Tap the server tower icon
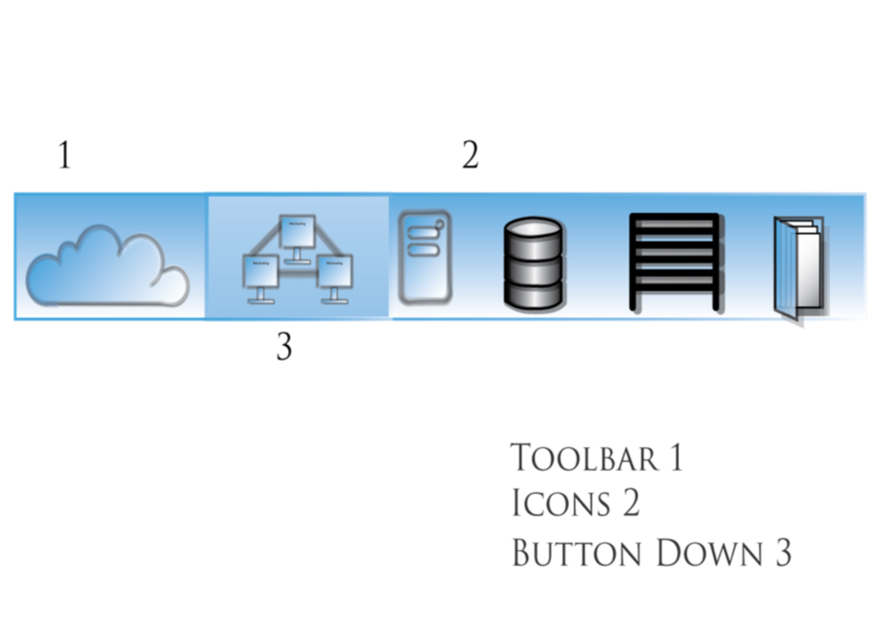click(x=424, y=258)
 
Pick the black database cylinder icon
click(x=533, y=263)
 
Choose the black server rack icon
click(x=674, y=261)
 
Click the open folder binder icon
click(x=800, y=266)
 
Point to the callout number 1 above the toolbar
click(x=64, y=156)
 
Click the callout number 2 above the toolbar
click(x=470, y=156)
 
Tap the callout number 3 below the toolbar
click(x=284, y=348)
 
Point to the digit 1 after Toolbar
click(x=676, y=458)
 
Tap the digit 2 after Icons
click(x=630, y=503)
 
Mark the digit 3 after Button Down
click(x=781, y=553)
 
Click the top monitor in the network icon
click(x=297, y=231)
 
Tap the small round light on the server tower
click(x=440, y=225)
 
